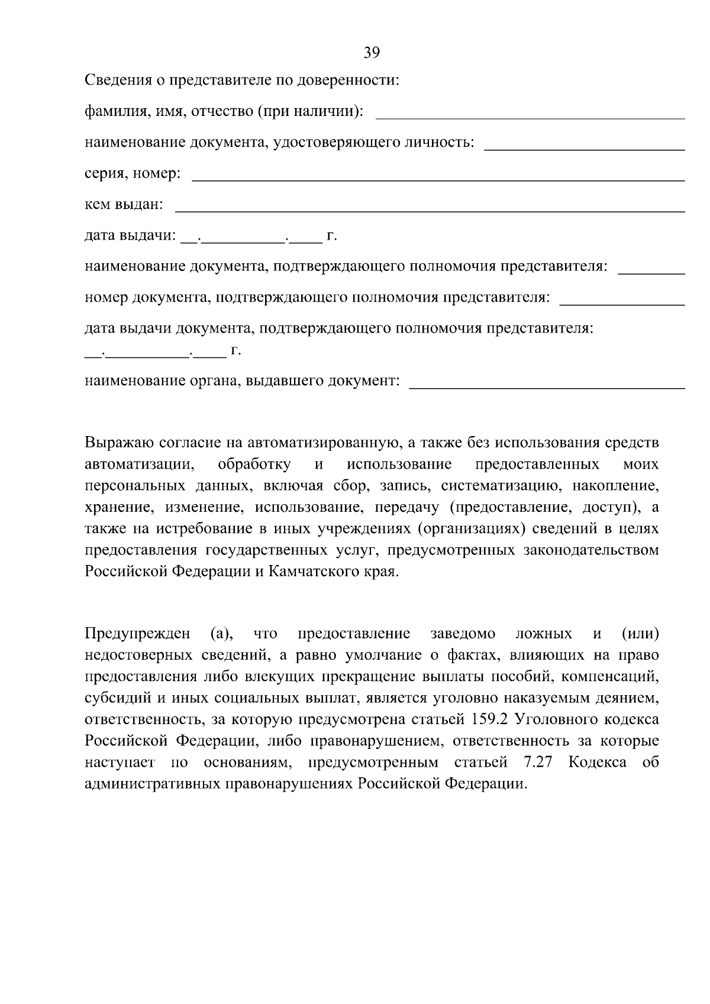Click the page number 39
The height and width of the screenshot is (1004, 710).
coord(372,53)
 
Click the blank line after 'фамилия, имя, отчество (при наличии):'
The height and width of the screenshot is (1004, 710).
coord(530,117)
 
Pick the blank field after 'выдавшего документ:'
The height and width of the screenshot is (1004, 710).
coord(547,386)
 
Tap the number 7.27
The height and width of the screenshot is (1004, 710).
coord(537,763)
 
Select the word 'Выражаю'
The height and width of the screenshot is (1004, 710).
coord(119,443)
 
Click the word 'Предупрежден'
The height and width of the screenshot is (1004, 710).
coord(137,634)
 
